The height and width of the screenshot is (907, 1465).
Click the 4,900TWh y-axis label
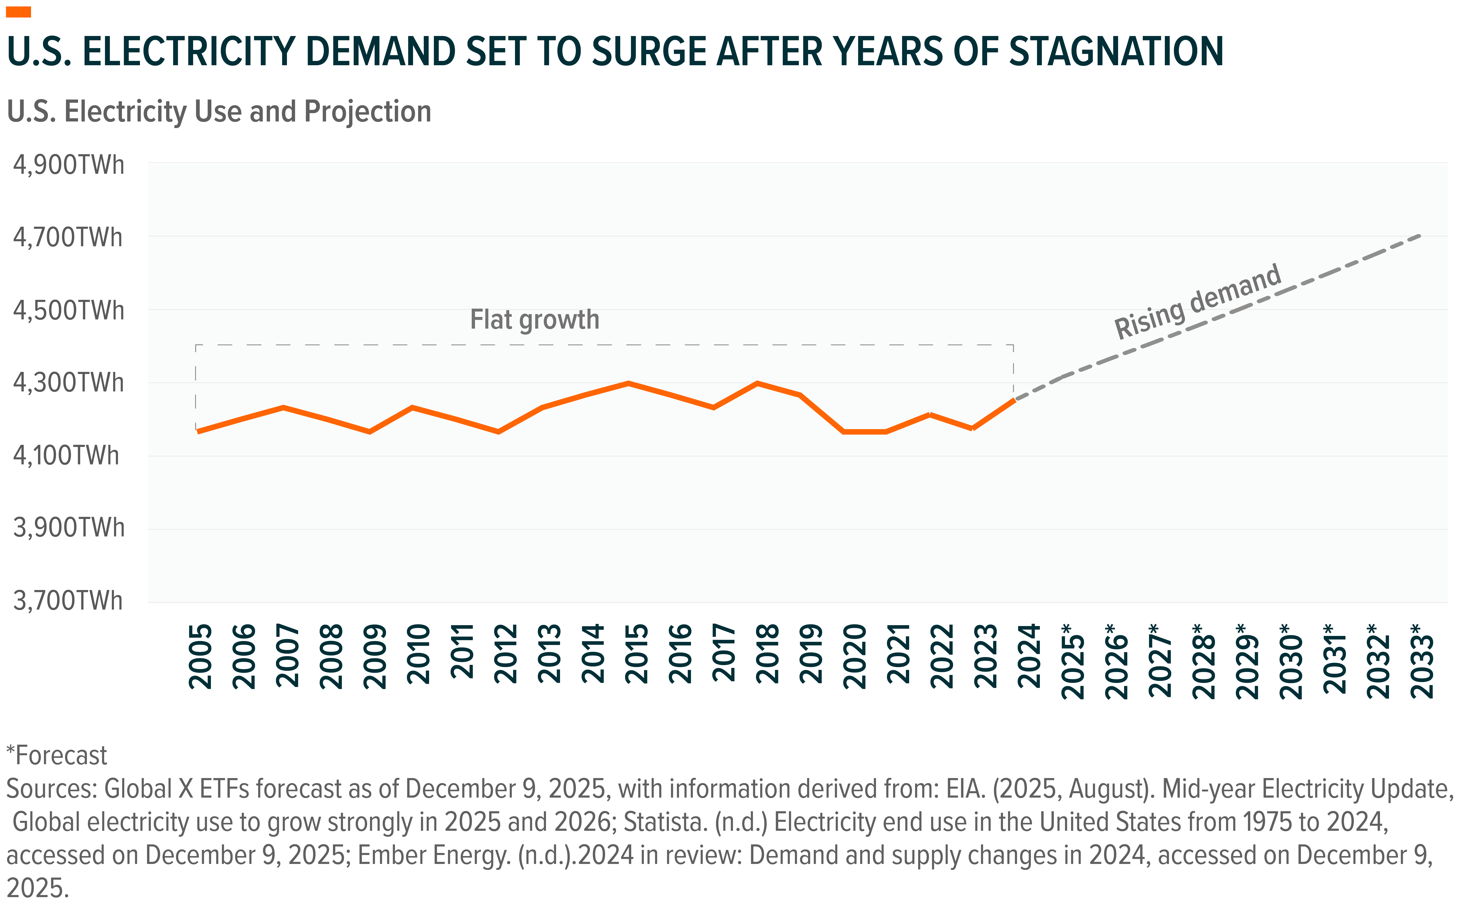tap(68, 165)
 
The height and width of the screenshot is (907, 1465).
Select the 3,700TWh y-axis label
tap(68, 601)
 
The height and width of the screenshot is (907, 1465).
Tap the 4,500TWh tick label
tap(68, 311)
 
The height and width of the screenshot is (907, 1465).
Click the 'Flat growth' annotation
tap(535, 320)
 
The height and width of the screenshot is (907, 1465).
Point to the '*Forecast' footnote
tap(57, 756)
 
